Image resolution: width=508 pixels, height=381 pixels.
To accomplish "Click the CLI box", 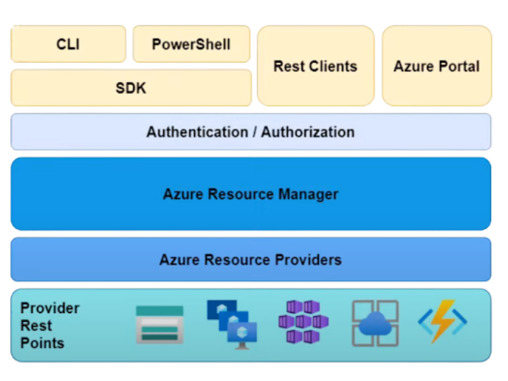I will (68, 44).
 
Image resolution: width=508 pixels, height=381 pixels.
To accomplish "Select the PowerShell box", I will (191, 44).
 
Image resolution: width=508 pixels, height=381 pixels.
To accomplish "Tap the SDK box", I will (131, 88).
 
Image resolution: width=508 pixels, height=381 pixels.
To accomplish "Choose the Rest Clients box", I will (315, 66).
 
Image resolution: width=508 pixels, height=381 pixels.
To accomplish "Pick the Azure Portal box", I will (436, 66).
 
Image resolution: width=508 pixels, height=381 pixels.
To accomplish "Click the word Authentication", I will (197, 132).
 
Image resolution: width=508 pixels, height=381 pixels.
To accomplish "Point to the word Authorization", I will (308, 132).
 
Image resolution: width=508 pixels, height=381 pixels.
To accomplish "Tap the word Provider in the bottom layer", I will (50, 308).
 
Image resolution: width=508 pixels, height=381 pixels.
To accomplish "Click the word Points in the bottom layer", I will (43, 343).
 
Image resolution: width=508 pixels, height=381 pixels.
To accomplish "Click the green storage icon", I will (159, 324).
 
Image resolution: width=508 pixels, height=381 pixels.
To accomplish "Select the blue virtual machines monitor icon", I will (232, 324).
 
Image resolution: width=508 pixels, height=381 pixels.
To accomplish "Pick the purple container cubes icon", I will (303, 323).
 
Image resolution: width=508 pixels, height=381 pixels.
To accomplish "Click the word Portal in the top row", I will (458, 66).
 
